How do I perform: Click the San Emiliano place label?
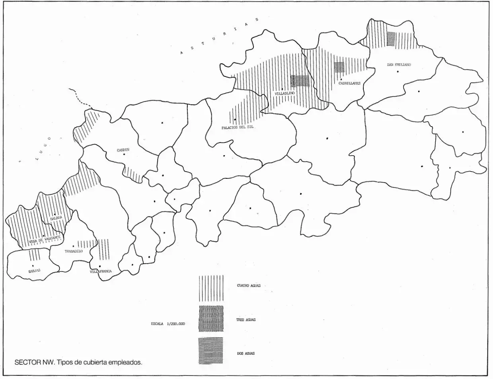pyautogui.click(x=398, y=64)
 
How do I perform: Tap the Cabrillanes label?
pyautogui.click(x=349, y=83)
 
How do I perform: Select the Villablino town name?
pyautogui.click(x=284, y=93)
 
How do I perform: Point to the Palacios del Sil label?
pyautogui.click(x=238, y=127)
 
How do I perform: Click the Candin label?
pyautogui.click(x=123, y=150)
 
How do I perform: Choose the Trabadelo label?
pyautogui.click(x=74, y=251)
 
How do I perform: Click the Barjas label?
pyautogui.click(x=35, y=270)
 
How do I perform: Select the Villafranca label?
pyautogui.click(x=100, y=271)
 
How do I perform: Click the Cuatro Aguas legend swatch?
pyautogui.click(x=211, y=288)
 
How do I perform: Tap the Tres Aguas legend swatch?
pyautogui.click(x=211, y=319)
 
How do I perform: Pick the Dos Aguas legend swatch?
pyautogui.click(x=211, y=350)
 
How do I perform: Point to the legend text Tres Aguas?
pyautogui.click(x=246, y=320)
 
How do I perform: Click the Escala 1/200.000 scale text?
pyautogui.click(x=168, y=324)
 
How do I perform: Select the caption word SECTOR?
pyautogui.click(x=26, y=362)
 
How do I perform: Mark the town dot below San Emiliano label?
pyautogui.click(x=398, y=72)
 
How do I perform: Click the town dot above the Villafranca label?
pyautogui.click(x=99, y=266)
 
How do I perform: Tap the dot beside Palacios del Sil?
pyautogui.click(x=235, y=119)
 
